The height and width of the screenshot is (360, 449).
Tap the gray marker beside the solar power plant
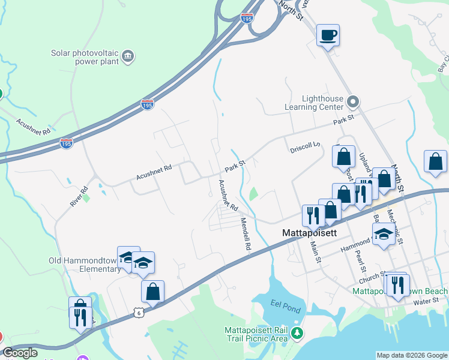[x=127, y=57]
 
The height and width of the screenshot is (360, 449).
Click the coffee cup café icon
[x=328, y=35]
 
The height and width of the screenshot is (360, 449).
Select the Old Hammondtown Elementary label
[x=85, y=265]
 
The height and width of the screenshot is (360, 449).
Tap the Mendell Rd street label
[x=246, y=233]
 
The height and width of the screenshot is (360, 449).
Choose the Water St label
[x=426, y=302]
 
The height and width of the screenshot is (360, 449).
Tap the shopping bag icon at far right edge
[x=435, y=161]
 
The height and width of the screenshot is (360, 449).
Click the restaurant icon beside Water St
[x=396, y=284]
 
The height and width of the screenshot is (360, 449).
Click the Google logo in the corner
[x=20, y=353]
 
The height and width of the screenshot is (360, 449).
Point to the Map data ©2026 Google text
[x=412, y=355]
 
